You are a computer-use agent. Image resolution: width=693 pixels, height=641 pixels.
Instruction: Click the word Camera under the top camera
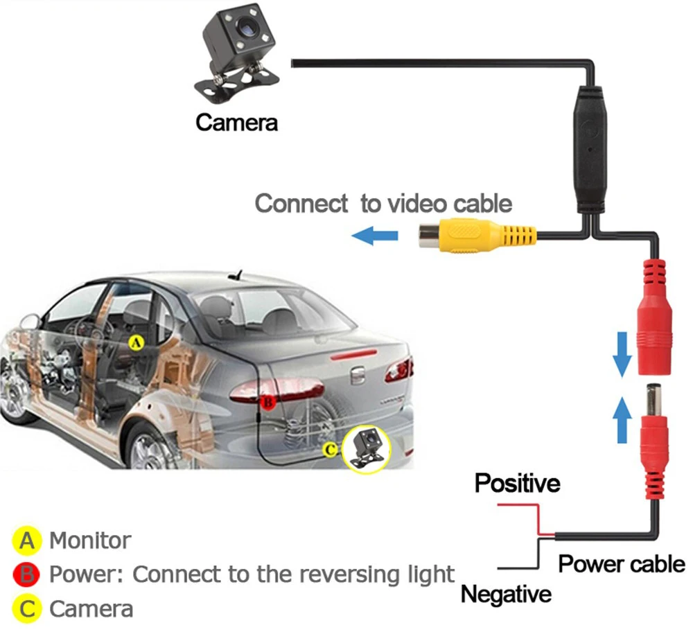236,123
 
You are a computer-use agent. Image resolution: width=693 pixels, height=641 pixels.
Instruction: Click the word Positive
517,482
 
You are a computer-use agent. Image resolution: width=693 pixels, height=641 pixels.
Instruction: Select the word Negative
507,594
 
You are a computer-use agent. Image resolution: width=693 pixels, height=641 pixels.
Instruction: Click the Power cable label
621,563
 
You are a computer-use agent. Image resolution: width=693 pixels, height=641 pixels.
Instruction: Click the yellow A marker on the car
137,342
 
